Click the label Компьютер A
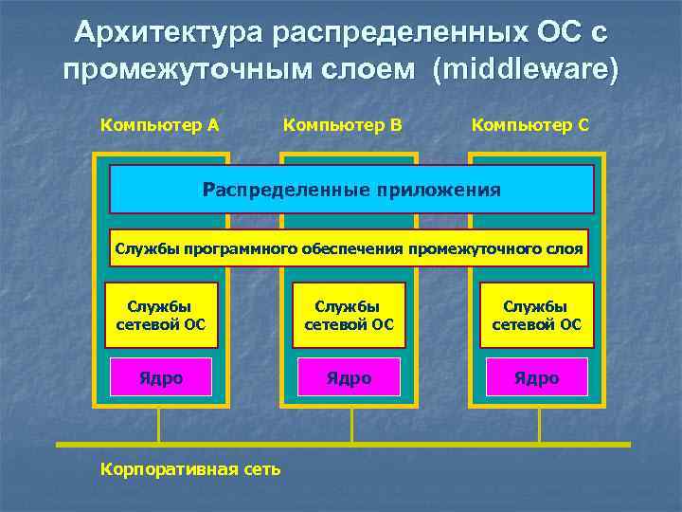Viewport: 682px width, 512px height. (x=159, y=125)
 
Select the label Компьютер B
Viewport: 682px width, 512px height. (x=343, y=125)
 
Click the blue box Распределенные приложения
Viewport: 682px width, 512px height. (x=351, y=190)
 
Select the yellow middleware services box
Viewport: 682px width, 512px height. (x=349, y=248)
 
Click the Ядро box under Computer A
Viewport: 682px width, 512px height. (x=160, y=378)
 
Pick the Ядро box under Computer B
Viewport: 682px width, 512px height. (x=349, y=378)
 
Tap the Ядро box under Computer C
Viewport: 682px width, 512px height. (x=536, y=378)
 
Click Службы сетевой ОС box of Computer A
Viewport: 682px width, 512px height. (x=160, y=316)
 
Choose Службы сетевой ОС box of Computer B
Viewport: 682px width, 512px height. (x=349, y=316)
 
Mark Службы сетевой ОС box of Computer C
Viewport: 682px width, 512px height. (x=536, y=316)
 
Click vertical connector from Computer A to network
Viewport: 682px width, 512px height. (x=158, y=425)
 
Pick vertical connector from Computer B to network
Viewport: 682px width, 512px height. (x=352, y=425)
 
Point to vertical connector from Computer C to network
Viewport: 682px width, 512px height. (x=540, y=425)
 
